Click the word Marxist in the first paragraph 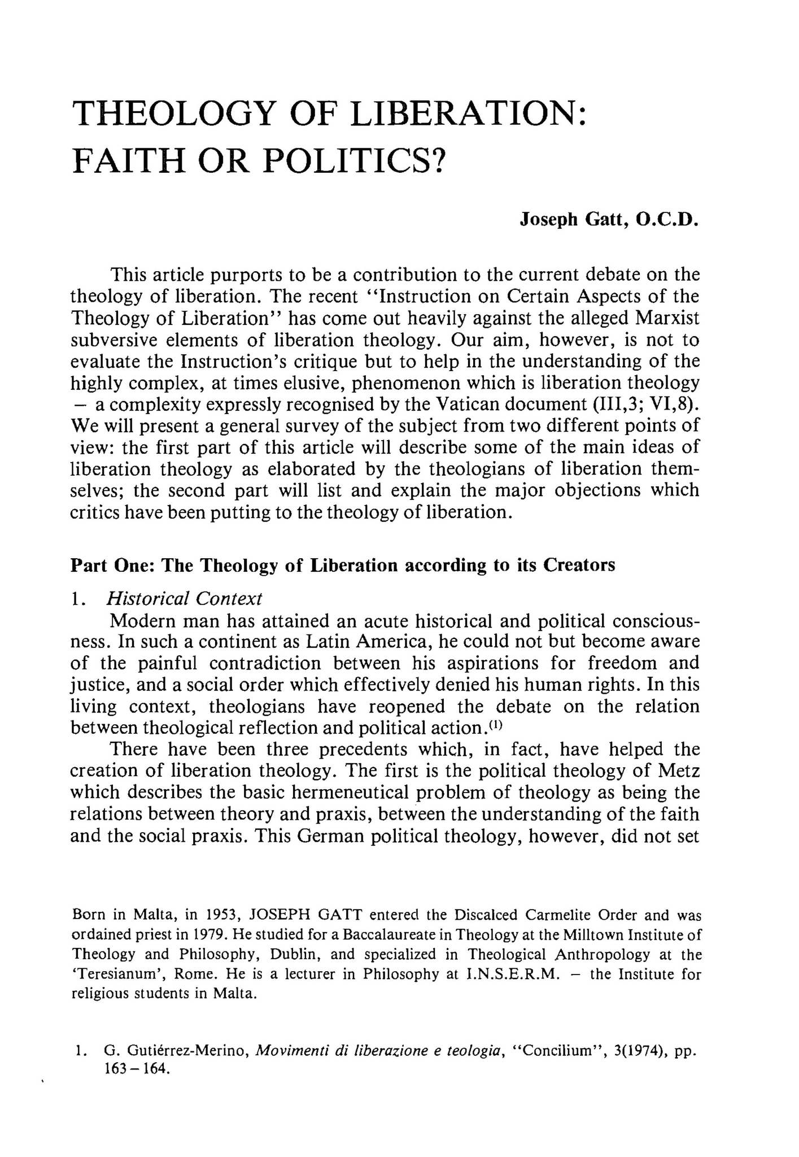coord(667,318)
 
